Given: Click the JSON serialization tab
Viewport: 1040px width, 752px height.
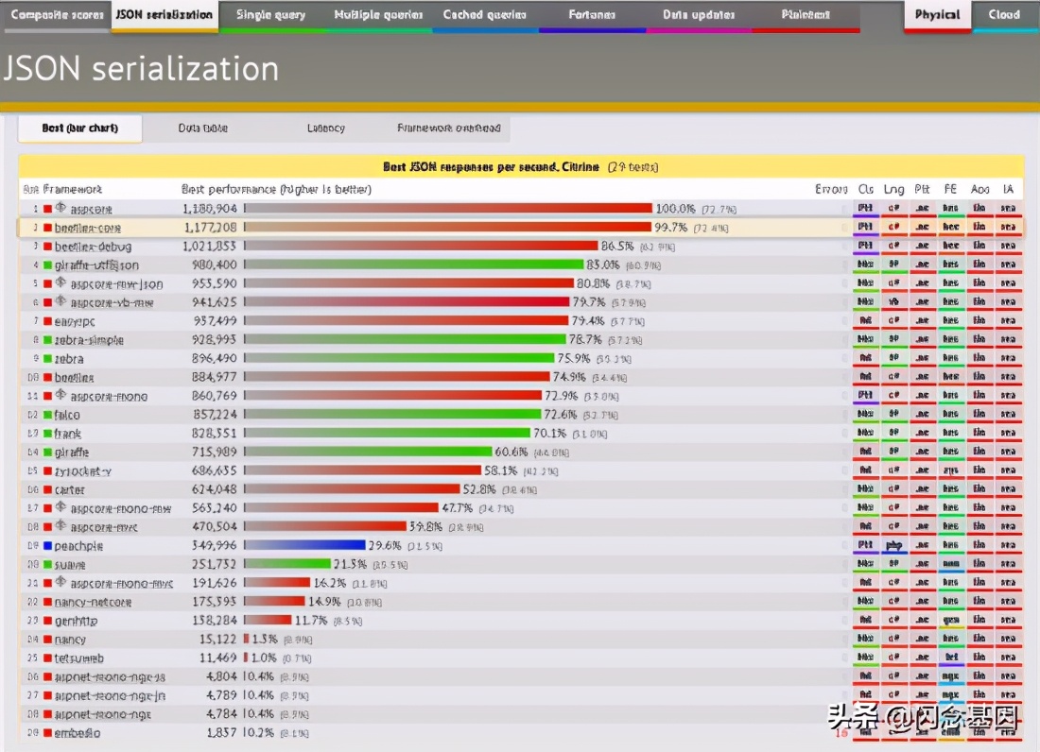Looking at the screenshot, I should click(x=164, y=15).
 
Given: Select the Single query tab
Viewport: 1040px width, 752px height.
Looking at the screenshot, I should click(x=270, y=15).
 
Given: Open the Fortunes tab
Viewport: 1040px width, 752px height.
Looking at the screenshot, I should click(x=592, y=15).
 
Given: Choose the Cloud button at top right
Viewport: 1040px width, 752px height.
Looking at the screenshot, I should click(x=1004, y=15).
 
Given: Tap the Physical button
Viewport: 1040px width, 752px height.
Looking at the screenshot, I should click(x=937, y=15).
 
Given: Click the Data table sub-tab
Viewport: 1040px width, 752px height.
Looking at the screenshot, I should click(x=203, y=128).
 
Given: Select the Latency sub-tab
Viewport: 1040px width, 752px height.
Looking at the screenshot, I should click(x=326, y=128).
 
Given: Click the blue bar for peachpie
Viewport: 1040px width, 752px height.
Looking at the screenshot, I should click(x=305, y=545).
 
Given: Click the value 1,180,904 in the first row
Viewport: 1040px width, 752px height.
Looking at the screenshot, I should click(x=209, y=209).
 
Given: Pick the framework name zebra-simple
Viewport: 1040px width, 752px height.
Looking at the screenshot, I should click(x=89, y=340).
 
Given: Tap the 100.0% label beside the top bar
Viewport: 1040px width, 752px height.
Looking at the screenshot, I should click(x=675, y=209).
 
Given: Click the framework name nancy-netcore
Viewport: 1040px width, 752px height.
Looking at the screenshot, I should click(x=93, y=602).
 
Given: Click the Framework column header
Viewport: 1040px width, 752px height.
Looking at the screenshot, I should click(x=73, y=190).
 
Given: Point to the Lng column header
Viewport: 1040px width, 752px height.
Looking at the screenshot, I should click(x=893, y=190).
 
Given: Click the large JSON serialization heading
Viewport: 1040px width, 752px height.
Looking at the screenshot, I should click(x=142, y=68).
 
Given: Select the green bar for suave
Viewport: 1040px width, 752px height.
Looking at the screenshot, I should click(x=287, y=564).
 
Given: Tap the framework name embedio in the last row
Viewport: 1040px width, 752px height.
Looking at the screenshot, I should click(x=78, y=733).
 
